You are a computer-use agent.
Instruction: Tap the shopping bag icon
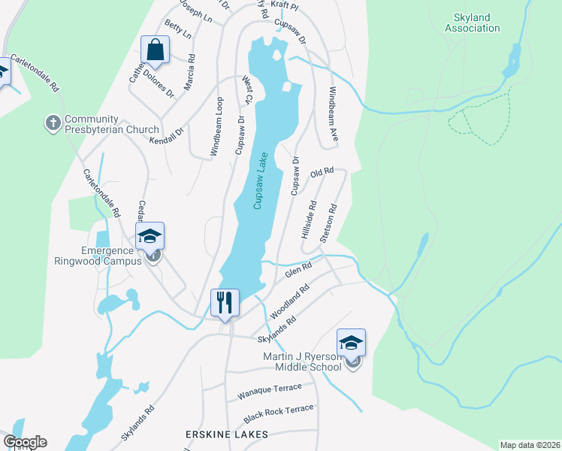[x=155, y=50]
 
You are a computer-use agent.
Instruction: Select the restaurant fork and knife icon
[x=225, y=302]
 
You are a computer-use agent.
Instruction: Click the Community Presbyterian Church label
[x=111, y=124]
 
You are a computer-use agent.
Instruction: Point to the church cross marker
[x=53, y=123]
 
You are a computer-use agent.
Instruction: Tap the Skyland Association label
[x=472, y=22]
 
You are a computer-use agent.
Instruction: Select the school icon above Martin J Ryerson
[x=351, y=343]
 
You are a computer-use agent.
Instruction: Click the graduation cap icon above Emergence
[x=150, y=236]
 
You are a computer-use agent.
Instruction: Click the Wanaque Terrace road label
[x=269, y=389]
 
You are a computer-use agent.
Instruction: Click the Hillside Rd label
[x=309, y=219]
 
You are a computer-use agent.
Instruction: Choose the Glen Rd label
[x=298, y=269]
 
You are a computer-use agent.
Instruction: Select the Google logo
[x=25, y=442]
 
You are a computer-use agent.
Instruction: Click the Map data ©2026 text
[x=530, y=445]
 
